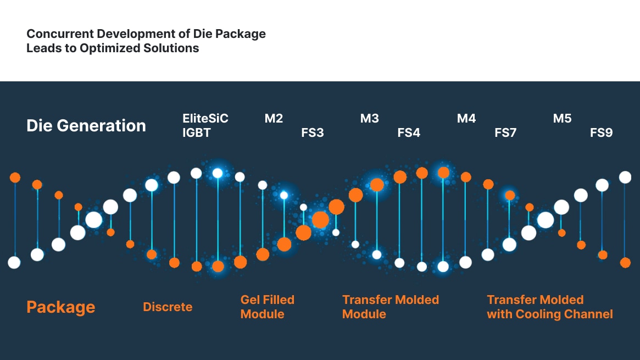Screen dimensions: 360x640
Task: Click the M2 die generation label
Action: (274, 118)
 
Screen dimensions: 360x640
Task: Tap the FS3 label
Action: (313, 132)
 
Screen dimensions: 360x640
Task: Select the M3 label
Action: (370, 118)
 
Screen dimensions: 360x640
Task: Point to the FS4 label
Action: (409, 132)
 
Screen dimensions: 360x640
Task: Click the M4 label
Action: (466, 118)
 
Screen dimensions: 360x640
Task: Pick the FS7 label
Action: (505, 132)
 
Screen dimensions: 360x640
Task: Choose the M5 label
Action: (563, 118)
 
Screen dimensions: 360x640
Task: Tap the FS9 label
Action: (602, 132)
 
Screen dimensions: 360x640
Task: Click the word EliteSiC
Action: (205, 118)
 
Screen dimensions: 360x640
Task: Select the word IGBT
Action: (197, 132)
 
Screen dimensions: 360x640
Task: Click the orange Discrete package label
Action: (168, 307)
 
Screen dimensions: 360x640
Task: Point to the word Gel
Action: (251, 300)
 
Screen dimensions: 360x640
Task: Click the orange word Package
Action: (61, 307)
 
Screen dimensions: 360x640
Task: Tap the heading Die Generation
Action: (86, 125)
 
